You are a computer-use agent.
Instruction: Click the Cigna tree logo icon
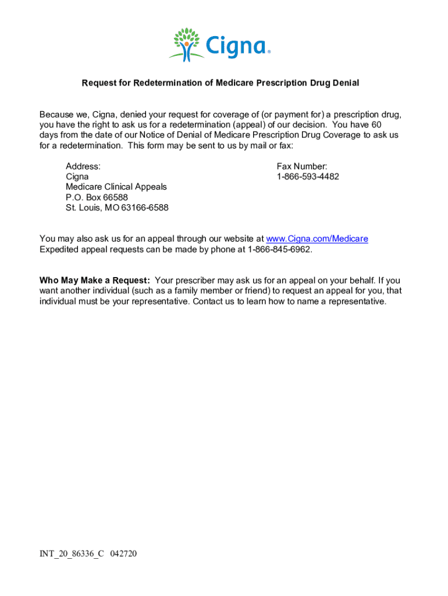pyautogui.click(x=187, y=44)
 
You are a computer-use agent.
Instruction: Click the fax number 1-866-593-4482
pyautogui.click(x=308, y=176)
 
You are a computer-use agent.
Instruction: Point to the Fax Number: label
pyautogui.click(x=302, y=166)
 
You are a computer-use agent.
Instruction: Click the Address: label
pyautogui.click(x=83, y=166)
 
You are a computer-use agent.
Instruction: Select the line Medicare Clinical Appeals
pyautogui.click(x=116, y=187)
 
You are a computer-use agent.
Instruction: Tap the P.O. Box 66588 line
pyautogui.click(x=97, y=197)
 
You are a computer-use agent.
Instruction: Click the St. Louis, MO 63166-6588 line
pyautogui.click(x=117, y=208)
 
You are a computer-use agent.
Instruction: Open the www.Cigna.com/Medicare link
pyautogui.click(x=317, y=239)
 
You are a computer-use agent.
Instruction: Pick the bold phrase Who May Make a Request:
pyautogui.click(x=95, y=281)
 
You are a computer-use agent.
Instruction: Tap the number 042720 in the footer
pyautogui.click(x=123, y=554)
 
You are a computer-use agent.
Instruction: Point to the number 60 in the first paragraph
pyautogui.click(x=376, y=125)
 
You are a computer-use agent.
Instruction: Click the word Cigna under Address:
pyautogui.click(x=77, y=176)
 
